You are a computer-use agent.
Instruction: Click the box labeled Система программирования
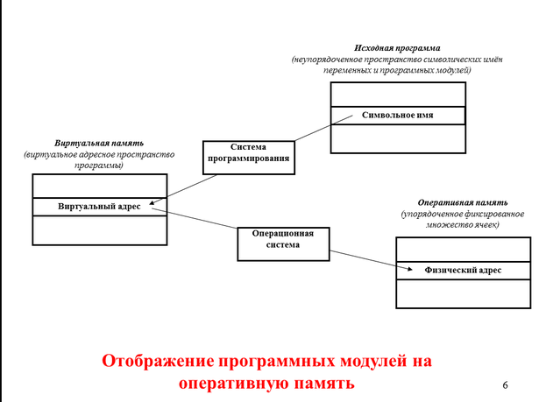(x=247, y=153)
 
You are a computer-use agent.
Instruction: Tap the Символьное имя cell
(x=398, y=115)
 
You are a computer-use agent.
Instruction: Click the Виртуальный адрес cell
(x=99, y=208)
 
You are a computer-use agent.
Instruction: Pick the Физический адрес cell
(x=463, y=271)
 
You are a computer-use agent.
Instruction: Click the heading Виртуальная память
(x=98, y=142)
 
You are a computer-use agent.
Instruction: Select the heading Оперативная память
(x=462, y=202)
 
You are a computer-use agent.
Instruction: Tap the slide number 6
(x=506, y=385)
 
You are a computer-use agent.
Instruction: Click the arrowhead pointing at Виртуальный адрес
(x=152, y=207)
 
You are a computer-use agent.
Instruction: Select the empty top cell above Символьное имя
(x=398, y=94)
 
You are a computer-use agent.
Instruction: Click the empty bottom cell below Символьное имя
(x=398, y=137)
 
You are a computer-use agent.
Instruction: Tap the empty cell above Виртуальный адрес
(x=99, y=186)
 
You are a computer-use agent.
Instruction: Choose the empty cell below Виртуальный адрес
(x=99, y=229)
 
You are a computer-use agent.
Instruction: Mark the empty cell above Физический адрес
(x=463, y=250)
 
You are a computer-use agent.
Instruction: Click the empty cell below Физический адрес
(x=463, y=293)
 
